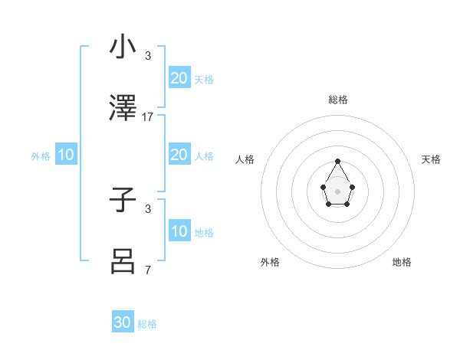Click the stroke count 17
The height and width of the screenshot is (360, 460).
(148, 117)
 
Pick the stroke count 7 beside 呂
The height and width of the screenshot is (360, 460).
(148, 270)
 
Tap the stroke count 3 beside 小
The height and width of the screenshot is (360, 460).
(148, 56)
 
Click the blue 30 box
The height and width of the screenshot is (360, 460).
(123, 322)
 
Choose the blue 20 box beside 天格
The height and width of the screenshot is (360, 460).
(179, 77)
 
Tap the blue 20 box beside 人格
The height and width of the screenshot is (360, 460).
(179, 155)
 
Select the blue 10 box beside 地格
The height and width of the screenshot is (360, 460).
(179, 231)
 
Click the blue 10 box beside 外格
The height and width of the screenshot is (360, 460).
(66, 155)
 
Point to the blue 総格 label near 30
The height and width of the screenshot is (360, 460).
(148, 324)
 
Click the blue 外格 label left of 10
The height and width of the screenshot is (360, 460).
(41, 156)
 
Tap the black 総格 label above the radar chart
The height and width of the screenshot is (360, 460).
(338, 100)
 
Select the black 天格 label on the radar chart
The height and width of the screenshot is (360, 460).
(431, 159)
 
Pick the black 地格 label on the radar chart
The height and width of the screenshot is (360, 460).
(402, 262)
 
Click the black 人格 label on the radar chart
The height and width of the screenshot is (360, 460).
(245, 159)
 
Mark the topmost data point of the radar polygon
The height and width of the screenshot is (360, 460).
(338, 161)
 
